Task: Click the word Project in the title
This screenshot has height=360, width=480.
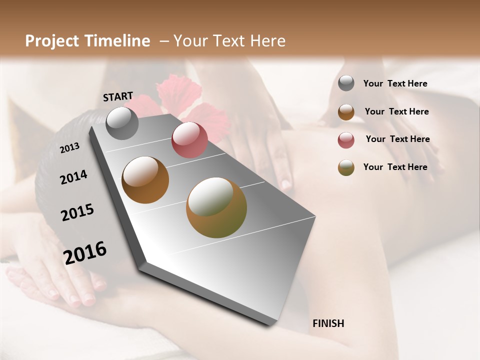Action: tap(52, 41)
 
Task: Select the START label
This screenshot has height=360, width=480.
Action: tap(118, 96)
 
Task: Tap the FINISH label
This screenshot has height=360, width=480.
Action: tap(328, 323)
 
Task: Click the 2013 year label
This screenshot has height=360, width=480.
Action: tap(69, 148)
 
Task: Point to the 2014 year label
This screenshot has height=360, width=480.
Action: tap(73, 177)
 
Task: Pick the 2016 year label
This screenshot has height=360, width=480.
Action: tap(85, 253)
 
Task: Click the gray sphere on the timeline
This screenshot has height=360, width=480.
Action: tap(122, 123)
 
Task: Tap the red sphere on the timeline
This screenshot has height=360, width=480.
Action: tap(189, 140)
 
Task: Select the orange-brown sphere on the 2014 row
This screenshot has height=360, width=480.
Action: tap(145, 180)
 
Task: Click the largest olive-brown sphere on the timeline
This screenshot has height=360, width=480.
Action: tap(216, 207)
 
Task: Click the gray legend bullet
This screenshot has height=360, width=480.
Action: tap(346, 83)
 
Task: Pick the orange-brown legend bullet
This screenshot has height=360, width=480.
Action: tap(346, 112)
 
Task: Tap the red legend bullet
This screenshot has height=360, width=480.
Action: tap(346, 140)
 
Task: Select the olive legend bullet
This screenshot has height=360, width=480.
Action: tap(346, 167)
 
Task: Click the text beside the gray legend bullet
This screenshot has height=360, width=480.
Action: tap(395, 83)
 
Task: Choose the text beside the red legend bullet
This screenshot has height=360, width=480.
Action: tap(398, 139)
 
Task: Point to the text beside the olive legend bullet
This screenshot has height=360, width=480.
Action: tap(395, 167)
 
